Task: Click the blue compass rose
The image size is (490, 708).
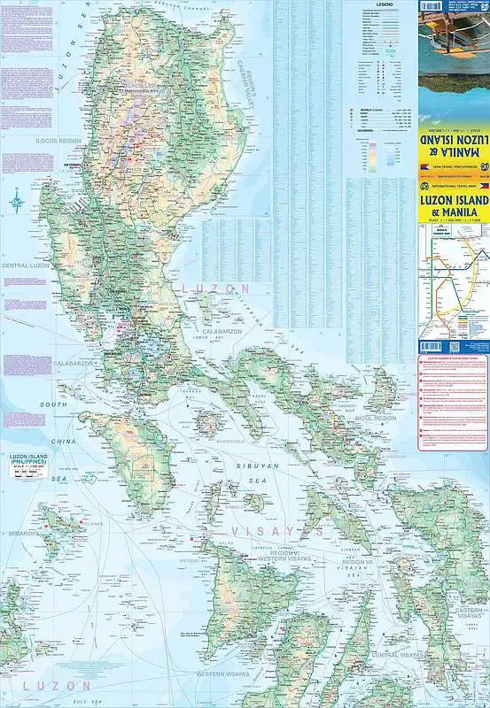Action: tap(17, 203)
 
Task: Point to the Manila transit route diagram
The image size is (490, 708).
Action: tap(453, 283)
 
